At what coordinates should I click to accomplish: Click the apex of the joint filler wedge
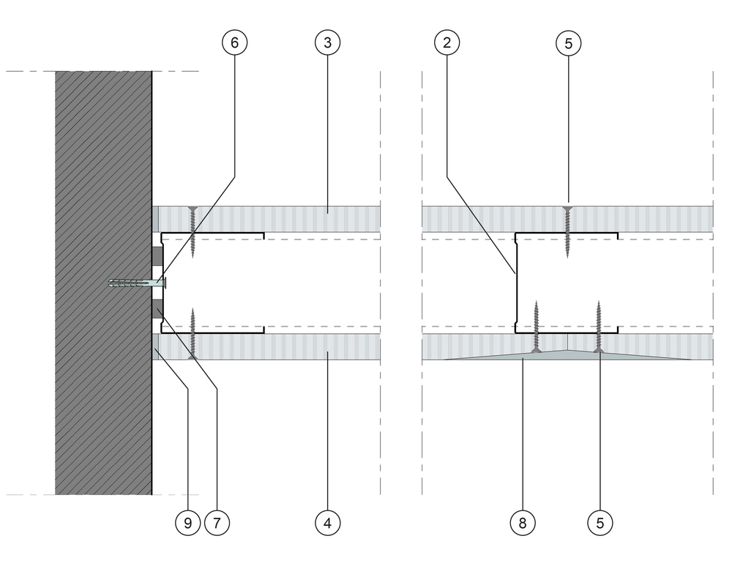tap(568, 350)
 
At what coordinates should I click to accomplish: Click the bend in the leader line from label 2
tap(447, 176)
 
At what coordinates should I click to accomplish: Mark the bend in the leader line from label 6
tap(234, 176)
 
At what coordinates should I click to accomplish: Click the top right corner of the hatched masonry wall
tap(152, 72)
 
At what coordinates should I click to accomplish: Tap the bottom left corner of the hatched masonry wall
tap(55, 494)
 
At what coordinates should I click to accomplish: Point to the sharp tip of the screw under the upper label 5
tap(568, 257)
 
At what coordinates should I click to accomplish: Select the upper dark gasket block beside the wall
tap(157, 256)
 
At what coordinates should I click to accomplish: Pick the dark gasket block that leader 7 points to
tap(157, 310)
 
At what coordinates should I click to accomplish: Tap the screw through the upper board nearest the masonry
tap(193, 232)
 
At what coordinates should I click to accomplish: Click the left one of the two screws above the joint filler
tap(537, 327)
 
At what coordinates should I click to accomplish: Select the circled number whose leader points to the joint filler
tap(523, 523)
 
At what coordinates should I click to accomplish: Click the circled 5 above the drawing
tap(568, 43)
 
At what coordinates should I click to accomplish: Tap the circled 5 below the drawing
tap(600, 523)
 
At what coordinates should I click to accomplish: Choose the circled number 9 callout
tap(187, 523)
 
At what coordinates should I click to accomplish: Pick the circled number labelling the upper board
tap(327, 42)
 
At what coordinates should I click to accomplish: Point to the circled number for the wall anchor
tap(234, 42)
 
